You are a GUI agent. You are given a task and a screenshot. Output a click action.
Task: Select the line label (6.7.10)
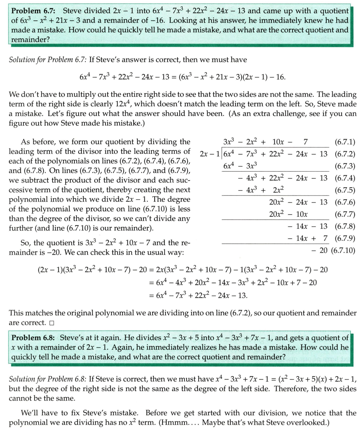coord(343,250)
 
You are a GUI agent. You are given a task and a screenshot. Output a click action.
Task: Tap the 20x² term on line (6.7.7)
coord(278,214)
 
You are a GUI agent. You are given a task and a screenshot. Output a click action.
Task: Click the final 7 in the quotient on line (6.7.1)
coord(306,142)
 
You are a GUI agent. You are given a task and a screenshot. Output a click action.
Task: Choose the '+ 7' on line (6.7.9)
coord(321,238)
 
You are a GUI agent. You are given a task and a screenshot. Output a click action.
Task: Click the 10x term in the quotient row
coord(278,142)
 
